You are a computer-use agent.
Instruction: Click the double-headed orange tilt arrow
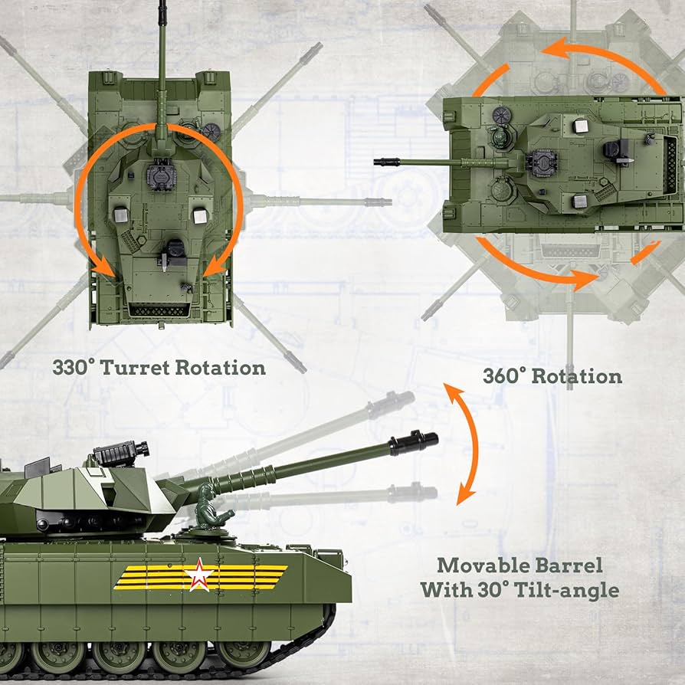[464, 444]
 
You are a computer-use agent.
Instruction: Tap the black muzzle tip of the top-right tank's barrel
[382, 162]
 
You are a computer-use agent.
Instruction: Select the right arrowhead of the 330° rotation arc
[216, 266]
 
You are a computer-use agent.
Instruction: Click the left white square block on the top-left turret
[120, 216]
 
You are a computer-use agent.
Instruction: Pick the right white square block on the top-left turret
[200, 216]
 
